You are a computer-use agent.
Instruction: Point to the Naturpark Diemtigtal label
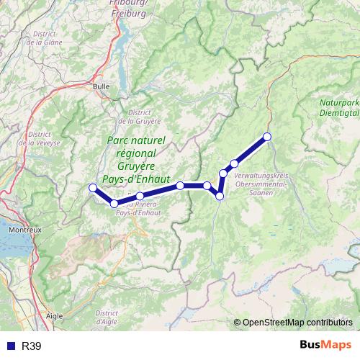338,107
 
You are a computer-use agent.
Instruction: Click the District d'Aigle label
106,318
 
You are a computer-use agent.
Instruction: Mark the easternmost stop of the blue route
267,137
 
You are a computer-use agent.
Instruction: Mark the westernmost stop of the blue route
92,189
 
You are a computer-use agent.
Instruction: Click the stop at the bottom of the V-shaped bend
220,196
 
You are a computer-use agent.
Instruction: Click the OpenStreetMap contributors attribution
296,323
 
